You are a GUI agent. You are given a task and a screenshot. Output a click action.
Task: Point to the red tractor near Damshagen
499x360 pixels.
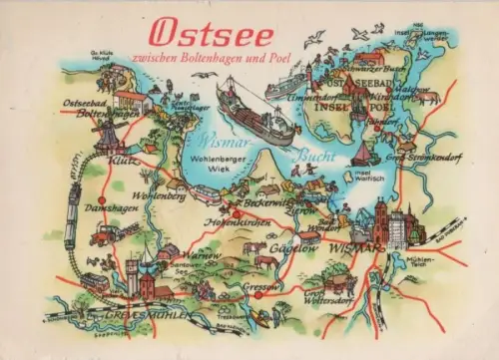tap(105, 234)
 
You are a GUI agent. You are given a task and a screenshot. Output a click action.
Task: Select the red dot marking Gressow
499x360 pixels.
tap(258, 295)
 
